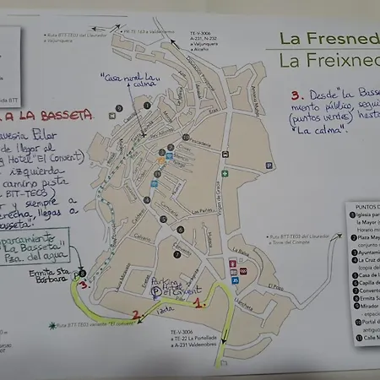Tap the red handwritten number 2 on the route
[135, 316]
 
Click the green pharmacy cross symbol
[225, 174]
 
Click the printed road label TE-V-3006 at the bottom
[181, 332]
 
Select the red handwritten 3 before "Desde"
[295, 97]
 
